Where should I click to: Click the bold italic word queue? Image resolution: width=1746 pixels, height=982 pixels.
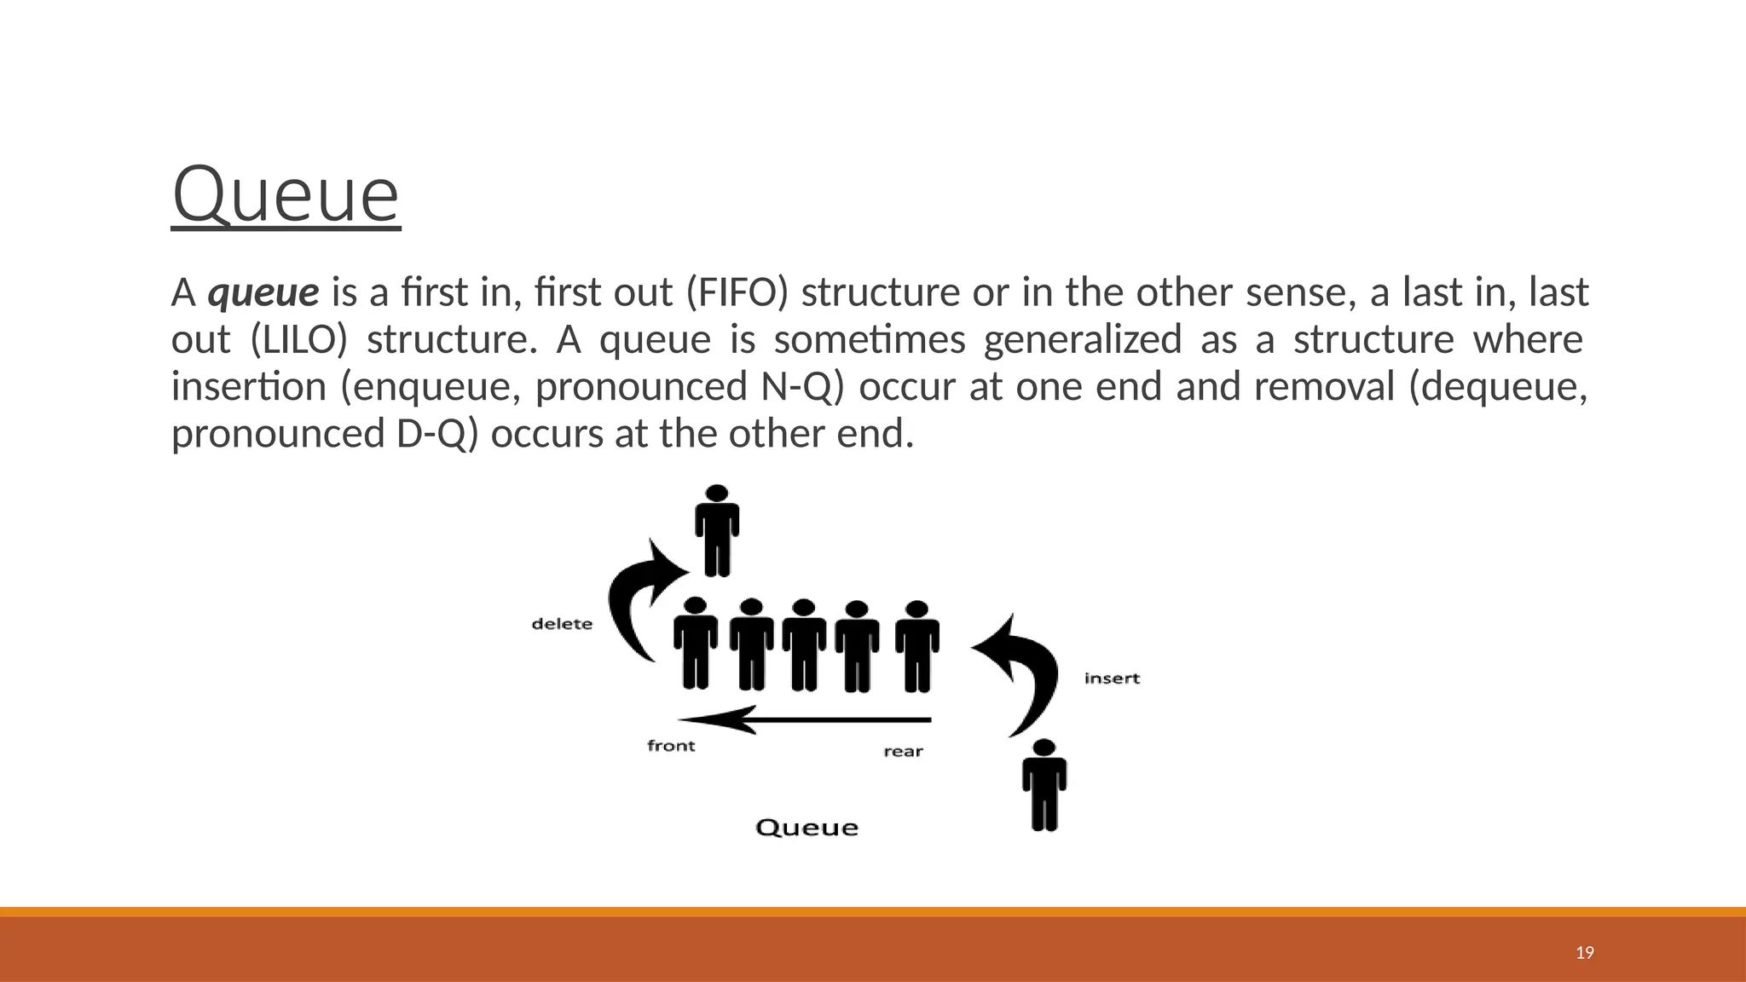pos(263,293)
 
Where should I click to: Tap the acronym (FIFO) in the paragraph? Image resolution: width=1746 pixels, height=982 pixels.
pos(737,293)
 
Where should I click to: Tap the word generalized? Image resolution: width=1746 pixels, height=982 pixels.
pos(1082,340)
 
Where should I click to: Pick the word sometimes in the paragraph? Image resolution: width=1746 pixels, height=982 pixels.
pos(869,340)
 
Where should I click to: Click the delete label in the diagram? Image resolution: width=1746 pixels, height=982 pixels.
pos(562,624)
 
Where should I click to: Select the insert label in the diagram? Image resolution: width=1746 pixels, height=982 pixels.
pos(1112,679)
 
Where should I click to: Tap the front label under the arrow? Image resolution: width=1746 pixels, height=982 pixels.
pos(671,746)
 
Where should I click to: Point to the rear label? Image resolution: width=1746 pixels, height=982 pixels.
pos(903,751)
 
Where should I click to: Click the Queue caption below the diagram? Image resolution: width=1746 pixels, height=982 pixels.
pos(807,828)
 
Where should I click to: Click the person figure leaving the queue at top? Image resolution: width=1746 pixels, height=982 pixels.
pos(717,530)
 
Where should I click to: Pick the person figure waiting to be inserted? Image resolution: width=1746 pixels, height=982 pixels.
pos(1044,784)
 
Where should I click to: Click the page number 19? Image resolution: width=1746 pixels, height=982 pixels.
pos(1585,953)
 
